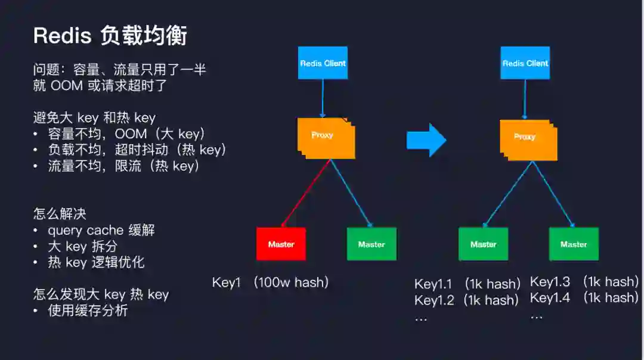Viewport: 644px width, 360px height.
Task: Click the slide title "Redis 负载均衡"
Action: point(110,36)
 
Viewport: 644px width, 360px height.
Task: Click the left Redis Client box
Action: point(323,63)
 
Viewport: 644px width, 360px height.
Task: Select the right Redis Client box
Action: point(525,63)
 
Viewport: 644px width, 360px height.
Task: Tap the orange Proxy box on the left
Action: point(324,136)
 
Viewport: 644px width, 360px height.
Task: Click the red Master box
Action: point(281,244)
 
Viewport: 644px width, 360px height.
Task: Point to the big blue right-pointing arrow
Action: point(426,140)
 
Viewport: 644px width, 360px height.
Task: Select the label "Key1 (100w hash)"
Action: point(270,283)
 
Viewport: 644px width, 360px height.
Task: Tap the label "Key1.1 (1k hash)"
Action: point(467,284)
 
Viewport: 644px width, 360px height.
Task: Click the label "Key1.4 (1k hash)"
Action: point(584,297)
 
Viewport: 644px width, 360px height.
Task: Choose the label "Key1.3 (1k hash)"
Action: point(584,281)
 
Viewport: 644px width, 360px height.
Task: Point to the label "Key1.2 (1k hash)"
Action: point(466,300)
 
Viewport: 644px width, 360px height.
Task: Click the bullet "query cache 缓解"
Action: point(101,230)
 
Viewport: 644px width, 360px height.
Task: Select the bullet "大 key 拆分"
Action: point(83,246)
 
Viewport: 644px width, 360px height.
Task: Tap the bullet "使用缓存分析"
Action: point(88,310)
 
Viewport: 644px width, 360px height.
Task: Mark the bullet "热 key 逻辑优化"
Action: point(96,262)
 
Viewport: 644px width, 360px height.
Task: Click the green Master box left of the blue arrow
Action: point(371,244)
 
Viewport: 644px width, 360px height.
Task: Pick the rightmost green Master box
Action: point(574,244)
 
